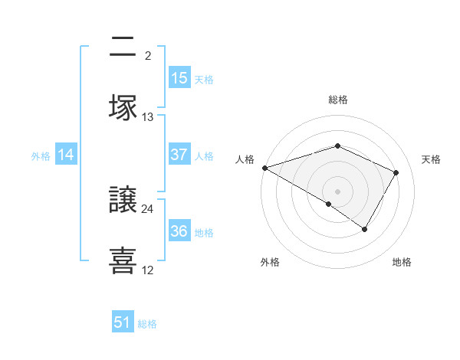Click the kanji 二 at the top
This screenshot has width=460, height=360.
point(123,47)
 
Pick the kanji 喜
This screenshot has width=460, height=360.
point(123,260)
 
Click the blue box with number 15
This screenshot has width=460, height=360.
point(179,78)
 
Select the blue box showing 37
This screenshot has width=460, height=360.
point(179,155)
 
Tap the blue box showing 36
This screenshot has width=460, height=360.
point(179,231)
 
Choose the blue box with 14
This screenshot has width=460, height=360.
point(66,155)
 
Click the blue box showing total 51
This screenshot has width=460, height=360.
point(123,322)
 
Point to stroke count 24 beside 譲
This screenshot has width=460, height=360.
point(148,209)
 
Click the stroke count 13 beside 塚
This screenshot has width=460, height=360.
point(148,117)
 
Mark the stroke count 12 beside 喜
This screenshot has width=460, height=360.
point(148,270)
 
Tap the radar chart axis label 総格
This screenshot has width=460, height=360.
point(337,100)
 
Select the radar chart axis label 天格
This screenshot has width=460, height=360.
point(431,159)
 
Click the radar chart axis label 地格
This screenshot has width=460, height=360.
point(402,262)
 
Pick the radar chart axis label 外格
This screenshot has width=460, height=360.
point(270,262)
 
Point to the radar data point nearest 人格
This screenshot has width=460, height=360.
point(264,168)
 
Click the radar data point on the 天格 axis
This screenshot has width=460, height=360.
point(396,172)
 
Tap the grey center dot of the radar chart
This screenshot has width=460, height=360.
point(337,191)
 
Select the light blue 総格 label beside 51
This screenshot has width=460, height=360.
point(147,324)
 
